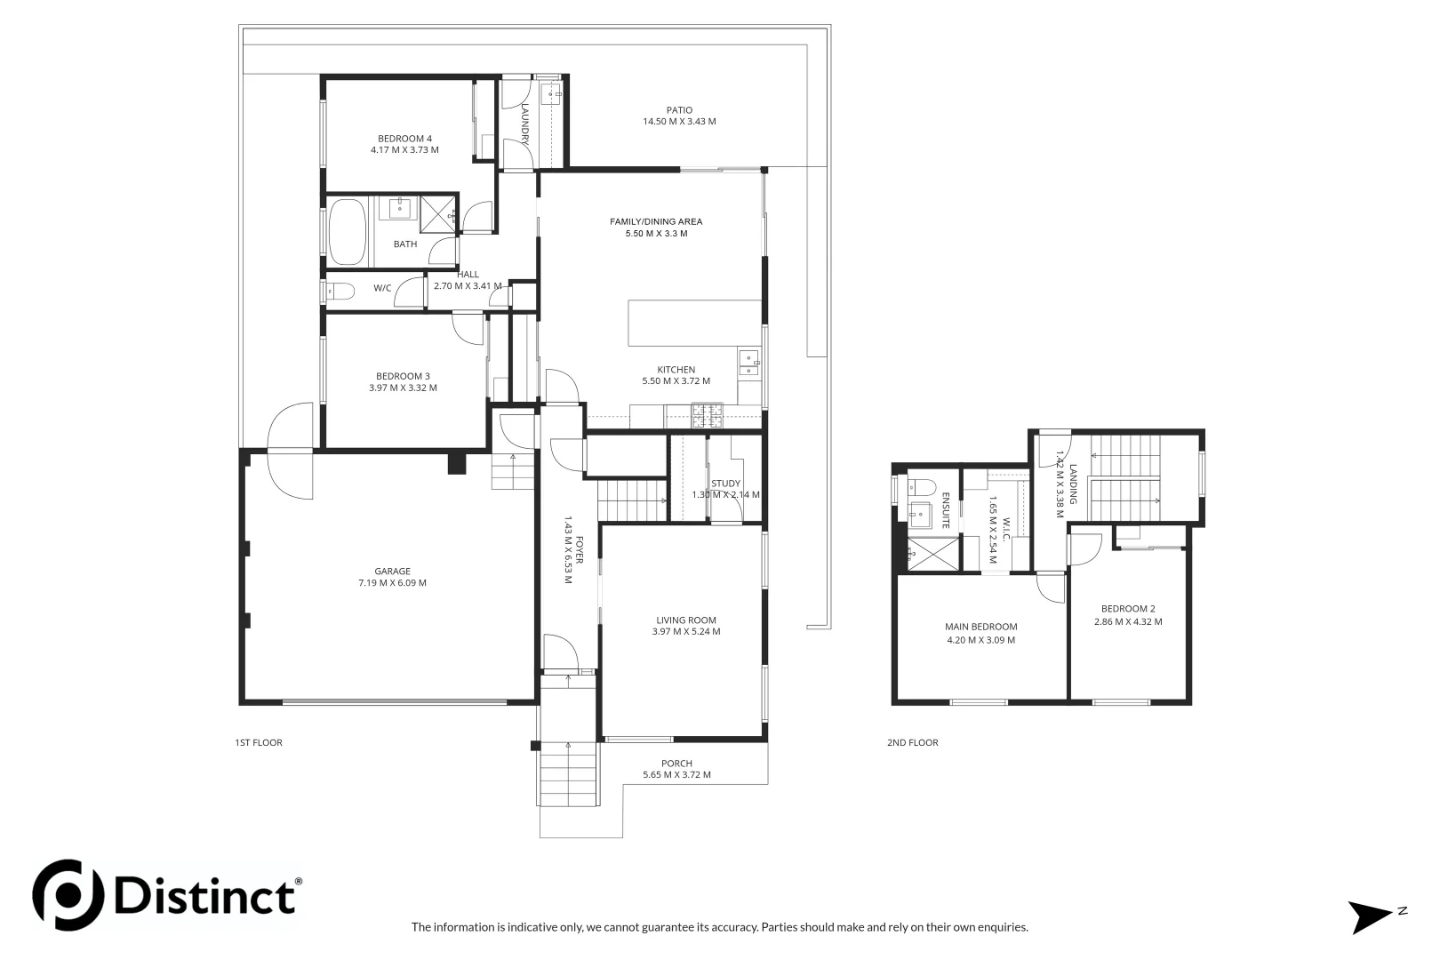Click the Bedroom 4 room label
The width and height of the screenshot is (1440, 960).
404,139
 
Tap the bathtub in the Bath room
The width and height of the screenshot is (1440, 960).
348,232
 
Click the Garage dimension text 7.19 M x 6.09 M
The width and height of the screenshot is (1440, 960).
392,584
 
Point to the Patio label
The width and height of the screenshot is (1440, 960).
679,110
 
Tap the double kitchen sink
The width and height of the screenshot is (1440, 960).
748,364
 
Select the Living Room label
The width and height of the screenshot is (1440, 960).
685,620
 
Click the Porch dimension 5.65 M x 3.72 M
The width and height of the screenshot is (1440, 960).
676,775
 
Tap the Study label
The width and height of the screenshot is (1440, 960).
725,484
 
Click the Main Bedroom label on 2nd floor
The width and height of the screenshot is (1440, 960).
980,627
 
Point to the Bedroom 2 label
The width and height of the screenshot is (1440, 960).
1127,609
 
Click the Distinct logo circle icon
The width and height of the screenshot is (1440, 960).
68,894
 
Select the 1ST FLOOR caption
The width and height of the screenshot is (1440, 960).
259,743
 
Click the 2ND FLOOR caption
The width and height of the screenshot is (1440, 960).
912,743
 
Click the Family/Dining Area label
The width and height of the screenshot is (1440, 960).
655,221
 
